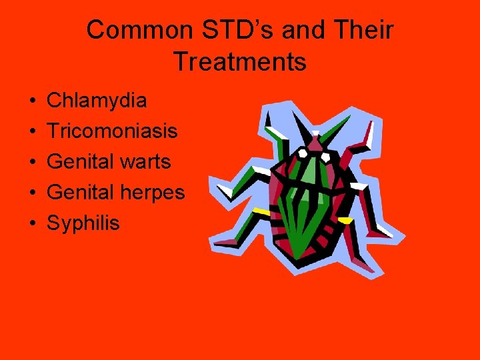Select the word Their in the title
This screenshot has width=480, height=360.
(363, 30)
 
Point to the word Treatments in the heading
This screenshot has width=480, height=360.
(240, 62)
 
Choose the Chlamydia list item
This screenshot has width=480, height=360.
(97, 101)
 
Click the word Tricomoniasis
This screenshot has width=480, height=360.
(112, 131)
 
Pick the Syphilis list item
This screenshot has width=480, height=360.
(83, 223)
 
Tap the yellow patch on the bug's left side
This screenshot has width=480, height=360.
(261, 212)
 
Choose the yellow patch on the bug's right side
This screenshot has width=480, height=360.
(345, 219)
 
